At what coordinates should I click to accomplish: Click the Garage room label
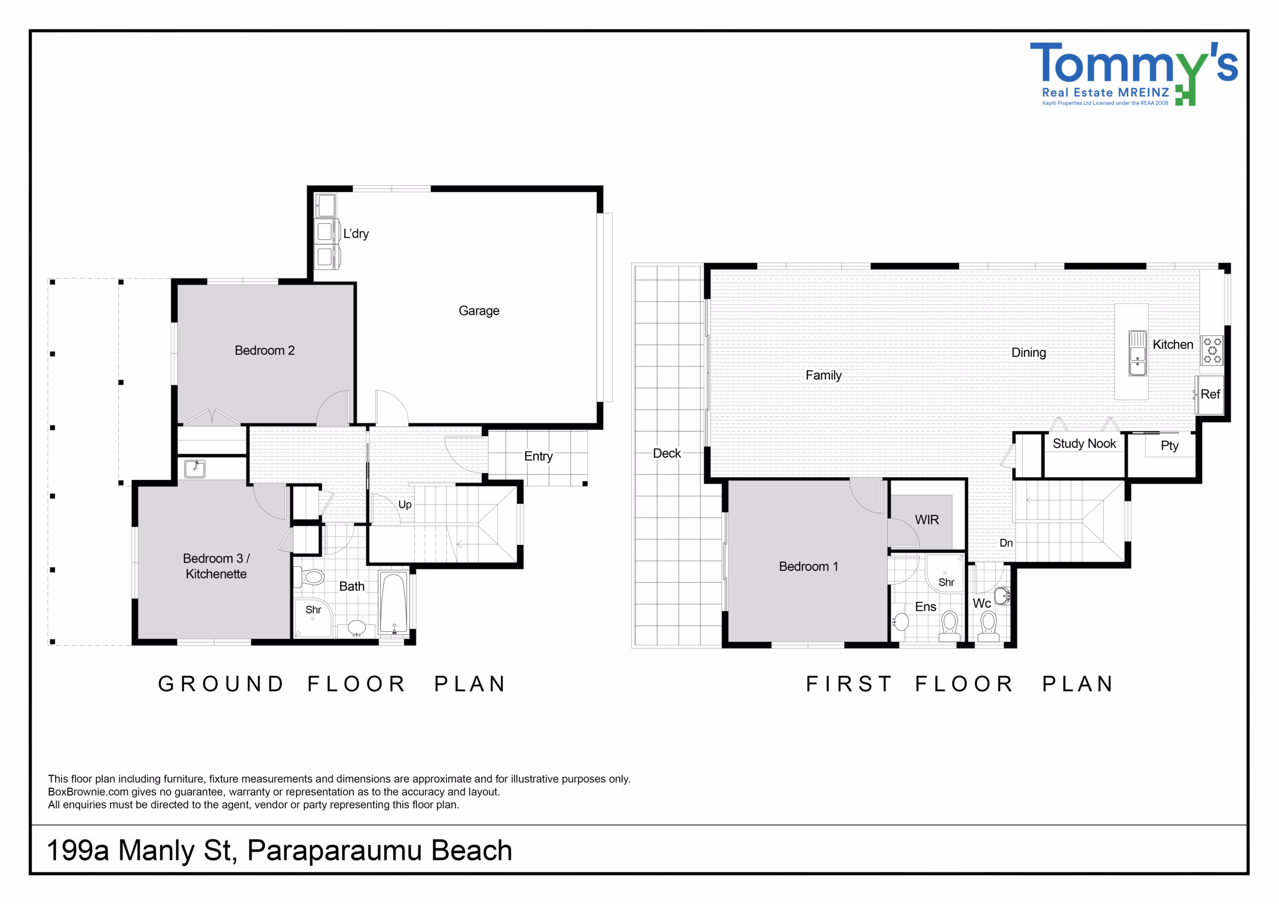coord(479,311)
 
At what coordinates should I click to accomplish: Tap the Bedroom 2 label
coord(265,350)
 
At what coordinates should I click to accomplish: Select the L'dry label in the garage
coord(356,233)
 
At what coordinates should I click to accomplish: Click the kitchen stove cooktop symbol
coord(1212,350)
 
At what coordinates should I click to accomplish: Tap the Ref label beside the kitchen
coord(1211,395)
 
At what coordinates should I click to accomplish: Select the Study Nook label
coord(1084,444)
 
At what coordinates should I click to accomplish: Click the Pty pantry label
coord(1169,446)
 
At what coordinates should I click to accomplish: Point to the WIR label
coord(927,519)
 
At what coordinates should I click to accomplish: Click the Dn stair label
coord(1006,543)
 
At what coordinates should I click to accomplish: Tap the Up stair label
coord(405,504)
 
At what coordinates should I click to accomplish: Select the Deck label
coord(667,453)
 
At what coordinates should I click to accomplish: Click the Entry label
coord(538,456)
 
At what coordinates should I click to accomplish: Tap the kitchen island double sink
coord(1138,353)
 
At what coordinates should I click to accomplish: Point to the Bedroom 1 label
coord(808,566)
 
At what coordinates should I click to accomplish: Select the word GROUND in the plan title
coord(221,684)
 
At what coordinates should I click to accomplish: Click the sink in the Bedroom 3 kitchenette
coord(195,469)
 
